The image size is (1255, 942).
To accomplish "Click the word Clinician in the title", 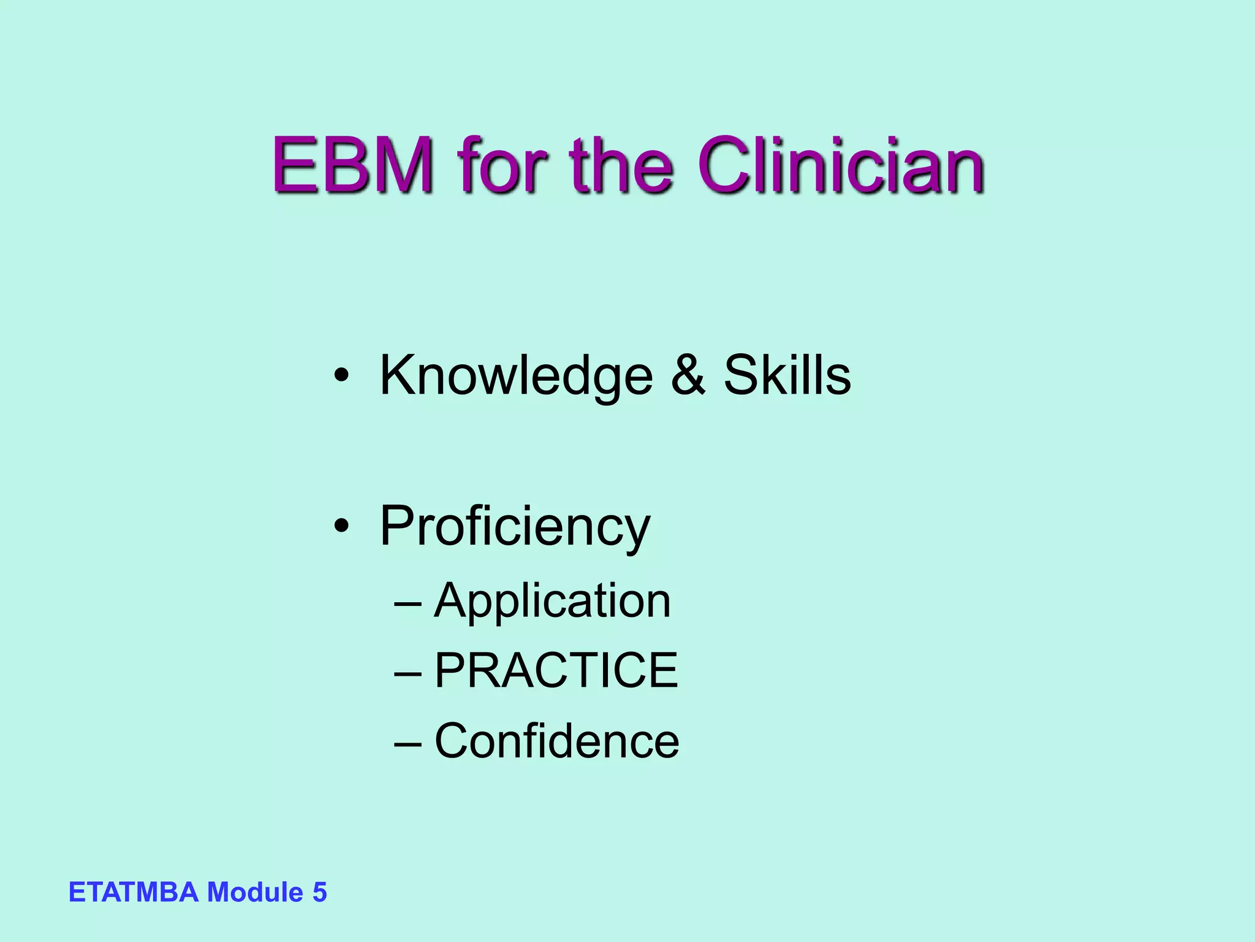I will point(840,166).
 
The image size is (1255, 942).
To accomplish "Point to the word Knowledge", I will point(516,375).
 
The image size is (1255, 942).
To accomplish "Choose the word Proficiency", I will point(515,526).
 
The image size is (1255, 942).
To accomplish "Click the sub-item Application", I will point(552,601).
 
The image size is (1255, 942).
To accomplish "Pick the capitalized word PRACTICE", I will point(556,670).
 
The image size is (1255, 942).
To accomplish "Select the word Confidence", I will point(556,741).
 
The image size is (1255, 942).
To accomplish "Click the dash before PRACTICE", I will point(408,673).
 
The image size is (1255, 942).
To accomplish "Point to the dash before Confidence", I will point(408,743).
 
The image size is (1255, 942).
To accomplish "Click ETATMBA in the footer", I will point(134,892).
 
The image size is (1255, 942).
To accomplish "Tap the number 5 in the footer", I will point(320,892).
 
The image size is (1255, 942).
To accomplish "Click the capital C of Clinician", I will point(726,166).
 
